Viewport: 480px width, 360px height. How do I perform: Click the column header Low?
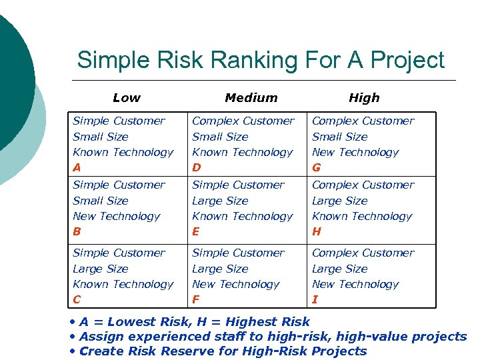pos(127,98)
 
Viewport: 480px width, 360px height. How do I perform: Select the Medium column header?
pos(251,98)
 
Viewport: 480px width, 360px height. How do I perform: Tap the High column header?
pos(364,98)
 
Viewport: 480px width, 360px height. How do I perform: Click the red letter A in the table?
pos(77,168)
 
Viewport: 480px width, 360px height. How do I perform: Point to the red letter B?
pos(77,232)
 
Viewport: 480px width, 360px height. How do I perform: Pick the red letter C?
pos(77,300)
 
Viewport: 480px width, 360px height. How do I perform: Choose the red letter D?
pos(197,168)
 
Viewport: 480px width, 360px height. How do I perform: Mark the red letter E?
pos(196,232)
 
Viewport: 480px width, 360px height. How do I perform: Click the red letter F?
pos(196,300)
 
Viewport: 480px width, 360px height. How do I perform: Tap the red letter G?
pos(317,168)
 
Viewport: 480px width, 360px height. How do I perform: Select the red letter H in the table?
pos(317,232)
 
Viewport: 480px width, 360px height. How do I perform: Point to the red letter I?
pos(315,300)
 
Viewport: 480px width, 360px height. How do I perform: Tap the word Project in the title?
pos(407,61)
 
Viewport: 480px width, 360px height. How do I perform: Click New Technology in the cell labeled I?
pos(355,284)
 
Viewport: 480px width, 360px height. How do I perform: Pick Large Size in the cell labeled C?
pos(100,269)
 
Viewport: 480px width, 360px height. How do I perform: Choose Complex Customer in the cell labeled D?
pos(243,121)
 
